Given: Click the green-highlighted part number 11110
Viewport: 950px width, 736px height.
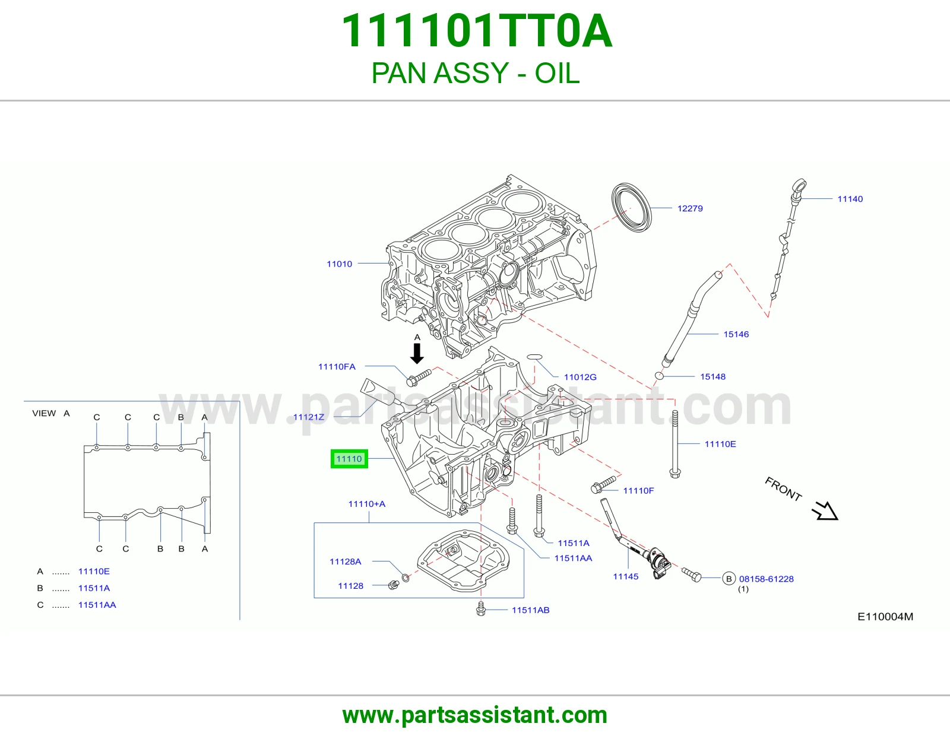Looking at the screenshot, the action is (x=349, y=459).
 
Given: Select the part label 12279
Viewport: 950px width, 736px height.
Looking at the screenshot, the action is (x=690, y=208).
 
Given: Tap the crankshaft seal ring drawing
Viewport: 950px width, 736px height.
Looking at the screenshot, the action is (x=631, y=208).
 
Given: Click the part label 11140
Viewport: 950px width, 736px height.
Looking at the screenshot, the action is (x=850, y=199).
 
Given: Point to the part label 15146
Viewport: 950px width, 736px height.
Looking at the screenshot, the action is (x=736, y=334).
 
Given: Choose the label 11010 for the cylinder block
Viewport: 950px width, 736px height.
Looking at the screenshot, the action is (x=339, y=264).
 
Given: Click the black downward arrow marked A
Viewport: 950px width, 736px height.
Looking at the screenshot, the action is (x=417, y=353).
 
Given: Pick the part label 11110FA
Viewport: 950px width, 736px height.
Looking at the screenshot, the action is (x=337, y=367).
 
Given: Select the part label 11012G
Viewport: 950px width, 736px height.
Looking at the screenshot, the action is (x=580, y=377).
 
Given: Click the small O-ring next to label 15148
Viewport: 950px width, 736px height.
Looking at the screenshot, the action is (x=659, y=376).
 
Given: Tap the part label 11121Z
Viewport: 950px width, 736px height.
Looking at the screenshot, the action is (x=309, y=417).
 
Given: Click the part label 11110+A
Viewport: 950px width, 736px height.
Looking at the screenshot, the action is (x=367, y=504).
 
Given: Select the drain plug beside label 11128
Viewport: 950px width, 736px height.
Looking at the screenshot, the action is (x=394, y=584).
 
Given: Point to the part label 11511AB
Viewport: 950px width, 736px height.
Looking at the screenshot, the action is (x=530, y=610).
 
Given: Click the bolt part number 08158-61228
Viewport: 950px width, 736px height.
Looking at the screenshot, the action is (x=766, y=579).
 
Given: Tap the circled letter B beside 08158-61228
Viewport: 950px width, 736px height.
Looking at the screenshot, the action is (x=729, y=579).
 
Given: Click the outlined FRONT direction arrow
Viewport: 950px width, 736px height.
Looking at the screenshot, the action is (x=825, y=510).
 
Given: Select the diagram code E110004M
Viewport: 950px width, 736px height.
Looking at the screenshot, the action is (x=885, y=617).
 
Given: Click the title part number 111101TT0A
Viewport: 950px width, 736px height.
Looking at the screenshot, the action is (x=476, y=31).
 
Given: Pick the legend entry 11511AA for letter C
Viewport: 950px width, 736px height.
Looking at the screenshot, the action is (x=97, y=605).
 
